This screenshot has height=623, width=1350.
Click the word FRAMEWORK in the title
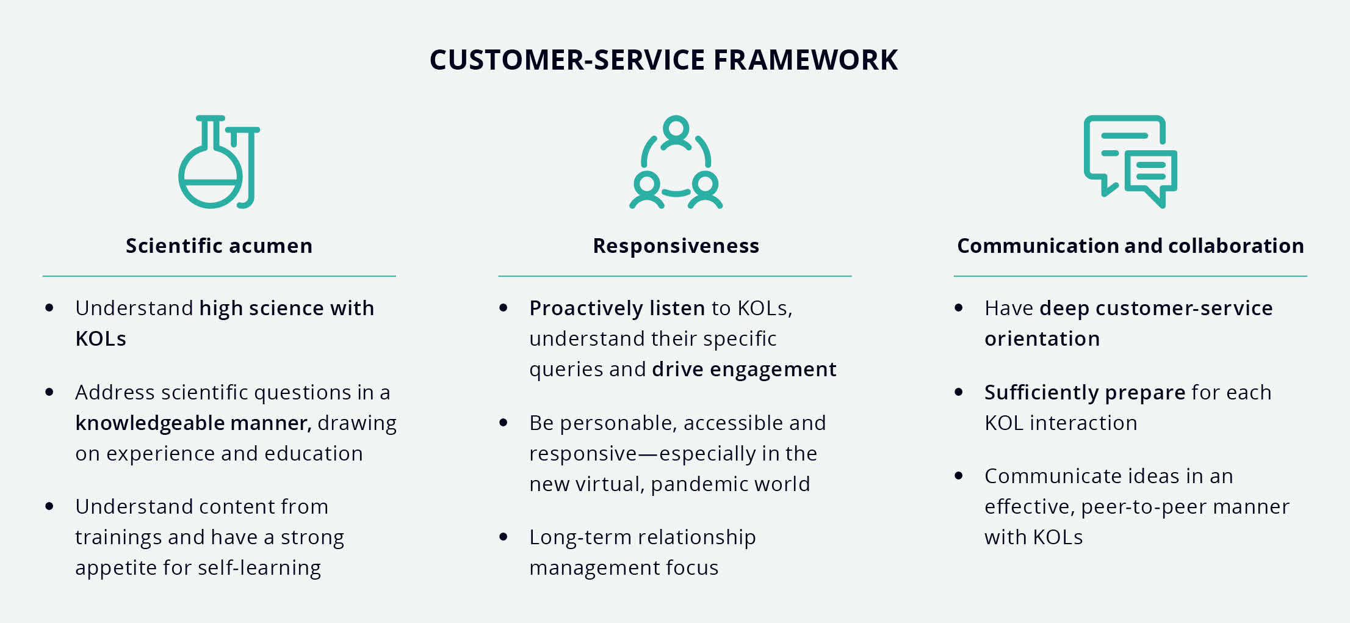[x=805, y=60]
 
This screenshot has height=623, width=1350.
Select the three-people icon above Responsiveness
[x=676, y=162]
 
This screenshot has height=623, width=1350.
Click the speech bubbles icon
[x=1130, y=161]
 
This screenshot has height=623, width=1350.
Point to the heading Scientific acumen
[x=219, y=246]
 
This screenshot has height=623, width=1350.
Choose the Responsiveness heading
[x=676, y=246]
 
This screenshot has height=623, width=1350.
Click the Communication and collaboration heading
[x=1130, y=246]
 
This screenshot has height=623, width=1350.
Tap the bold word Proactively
[x=586, y=308]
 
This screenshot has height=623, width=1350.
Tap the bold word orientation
[x=1042, y=339]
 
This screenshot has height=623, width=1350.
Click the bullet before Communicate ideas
[x=959, y=475]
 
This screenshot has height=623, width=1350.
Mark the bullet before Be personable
[x=504, y=422]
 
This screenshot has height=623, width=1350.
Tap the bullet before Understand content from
[x=49, y=506]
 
